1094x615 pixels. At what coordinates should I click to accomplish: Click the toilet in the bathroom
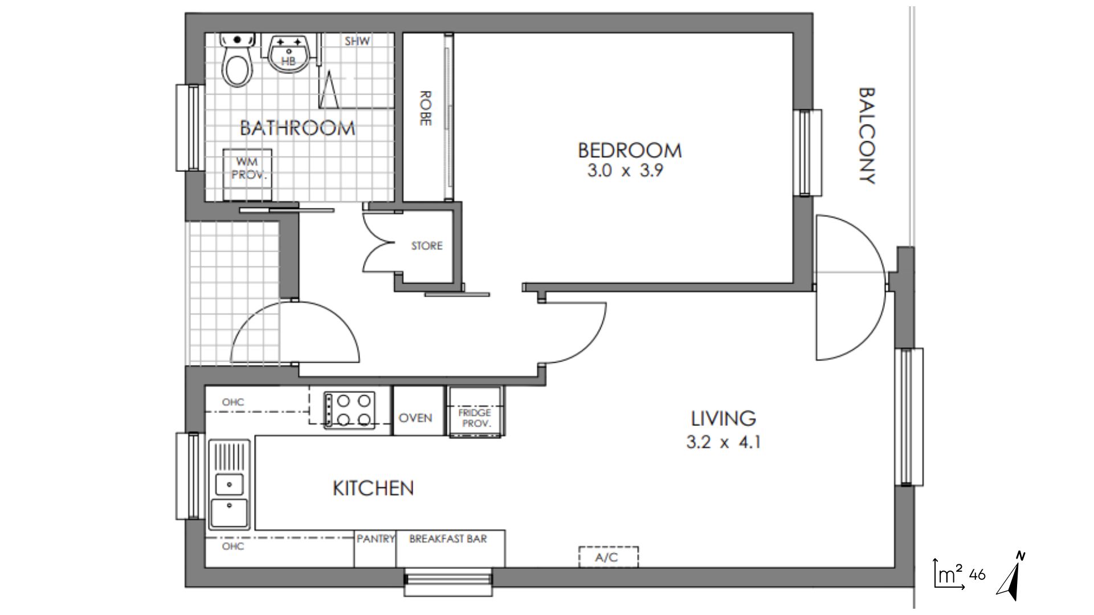(236, 60)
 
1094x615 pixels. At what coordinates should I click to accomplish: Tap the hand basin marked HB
(289, 53)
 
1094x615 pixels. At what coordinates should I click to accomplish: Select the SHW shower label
(357, 41)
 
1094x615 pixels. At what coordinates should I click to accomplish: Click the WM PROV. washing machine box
(247, 175)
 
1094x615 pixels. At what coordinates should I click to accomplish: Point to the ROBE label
(425, 108)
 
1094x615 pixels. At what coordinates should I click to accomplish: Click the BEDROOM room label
(630, 150)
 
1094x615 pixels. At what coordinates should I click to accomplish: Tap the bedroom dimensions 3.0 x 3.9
(626, 170)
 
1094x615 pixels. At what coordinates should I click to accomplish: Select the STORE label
(427, 246)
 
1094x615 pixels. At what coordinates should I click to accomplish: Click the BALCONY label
(866, 136)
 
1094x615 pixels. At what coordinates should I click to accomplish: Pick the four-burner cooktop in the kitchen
(350, 410)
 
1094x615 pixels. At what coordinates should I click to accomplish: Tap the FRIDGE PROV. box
(476, 412)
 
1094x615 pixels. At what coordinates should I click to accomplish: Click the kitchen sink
(230, 485)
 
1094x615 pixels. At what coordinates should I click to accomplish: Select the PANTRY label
(375, 539)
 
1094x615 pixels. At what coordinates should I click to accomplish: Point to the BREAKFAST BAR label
(448, 539)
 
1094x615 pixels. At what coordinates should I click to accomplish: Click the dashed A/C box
(609, 557)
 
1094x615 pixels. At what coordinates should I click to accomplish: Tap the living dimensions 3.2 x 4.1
(724, 442)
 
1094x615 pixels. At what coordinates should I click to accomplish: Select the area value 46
(977, 575)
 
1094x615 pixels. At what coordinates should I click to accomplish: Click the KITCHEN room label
(373, 488)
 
